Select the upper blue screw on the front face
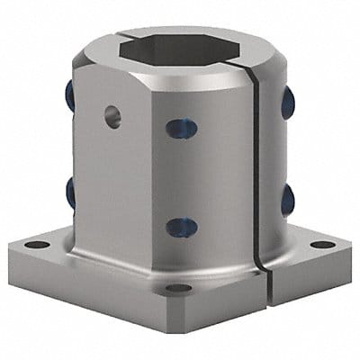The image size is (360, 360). pos(181,130)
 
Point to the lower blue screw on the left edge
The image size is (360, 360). pos(69,192)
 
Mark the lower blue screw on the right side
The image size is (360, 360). pos(287,199)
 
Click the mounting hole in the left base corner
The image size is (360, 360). pos(37,244)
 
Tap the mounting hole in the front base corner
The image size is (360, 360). pos(178,288)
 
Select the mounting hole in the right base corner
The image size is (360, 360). pos(321,244)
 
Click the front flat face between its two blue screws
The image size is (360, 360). pos(182,177)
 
